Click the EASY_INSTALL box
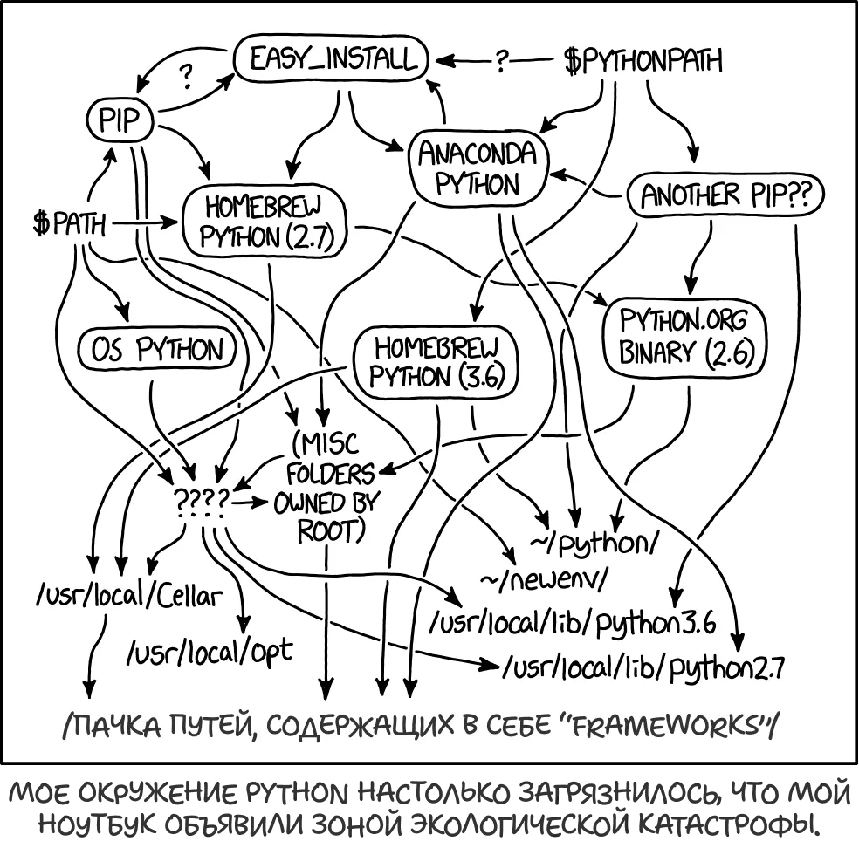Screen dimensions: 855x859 click(x=332, y=61)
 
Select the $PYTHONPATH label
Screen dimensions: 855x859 click(x=643, y=62)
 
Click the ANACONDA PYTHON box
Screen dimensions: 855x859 click(x=478, y=169)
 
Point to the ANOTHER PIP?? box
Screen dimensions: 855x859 click(x=725, y=196)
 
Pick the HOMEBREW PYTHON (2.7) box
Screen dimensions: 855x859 click(x=263, y=222)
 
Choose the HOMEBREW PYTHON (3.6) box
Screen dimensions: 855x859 click(x=434, y=361)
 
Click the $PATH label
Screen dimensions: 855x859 click(x=69, y=224)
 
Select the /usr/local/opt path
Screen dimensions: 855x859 click(x=210, y=650)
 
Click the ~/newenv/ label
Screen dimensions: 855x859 click(x=542, y=579)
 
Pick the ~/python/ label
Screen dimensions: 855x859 click(x=594, y=544)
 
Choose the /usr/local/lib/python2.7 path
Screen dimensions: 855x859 click(x=643, y=668)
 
